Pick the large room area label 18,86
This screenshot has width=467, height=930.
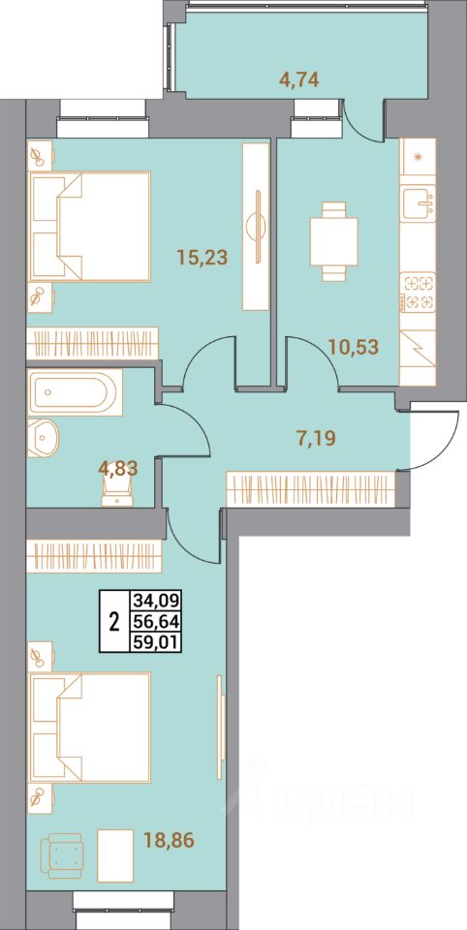pos(163,837)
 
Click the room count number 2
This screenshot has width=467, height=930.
pos(113,620)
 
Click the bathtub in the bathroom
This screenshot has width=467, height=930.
pos(74,392)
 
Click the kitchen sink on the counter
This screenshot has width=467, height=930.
pos(418,202)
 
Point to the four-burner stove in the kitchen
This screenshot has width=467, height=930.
pos(418,292)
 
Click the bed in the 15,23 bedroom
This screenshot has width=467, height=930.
pos(89,226)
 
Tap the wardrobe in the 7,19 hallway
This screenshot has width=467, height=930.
pos(311,487)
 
